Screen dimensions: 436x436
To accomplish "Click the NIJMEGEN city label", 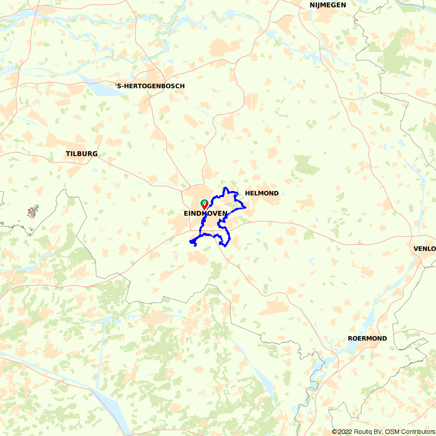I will pyautogui.click(x=327, y=5).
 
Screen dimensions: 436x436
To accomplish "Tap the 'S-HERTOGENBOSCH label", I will pyautogui.click(x=150, y=86).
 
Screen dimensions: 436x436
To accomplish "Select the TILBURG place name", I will pyautogui.click(x=82, y=154).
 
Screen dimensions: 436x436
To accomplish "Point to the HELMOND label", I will pyautogui.click(x=262, y=193).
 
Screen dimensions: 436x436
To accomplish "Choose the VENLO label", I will pyautogui.click(x=424, y=249).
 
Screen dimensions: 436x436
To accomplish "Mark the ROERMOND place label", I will pyautogui.click(x=367, y=339).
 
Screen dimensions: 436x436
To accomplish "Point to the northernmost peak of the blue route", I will pyautogui.click(x=225, y=187).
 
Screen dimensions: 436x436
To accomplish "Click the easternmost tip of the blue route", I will pyautogui.click(x=246, y=207).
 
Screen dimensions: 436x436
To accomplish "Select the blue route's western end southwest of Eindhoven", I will pyautogui.click(x=190, y=242).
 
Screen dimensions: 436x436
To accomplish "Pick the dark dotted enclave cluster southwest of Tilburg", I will pyautogui.click(x=33, y=212).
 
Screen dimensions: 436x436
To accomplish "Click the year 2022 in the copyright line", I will pyautogui.click(x=347, y=432).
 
